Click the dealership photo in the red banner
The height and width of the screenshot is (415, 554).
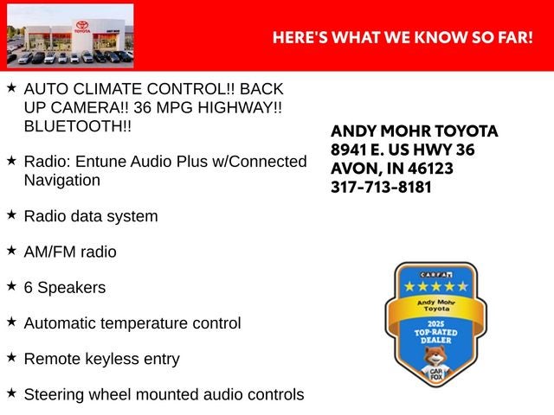[x=70, y=35]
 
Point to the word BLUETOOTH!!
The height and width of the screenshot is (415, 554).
[x=78, y=126]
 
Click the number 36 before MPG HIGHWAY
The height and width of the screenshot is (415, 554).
[x=142, y=107]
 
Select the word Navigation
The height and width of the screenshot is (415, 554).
[x=62, y=181]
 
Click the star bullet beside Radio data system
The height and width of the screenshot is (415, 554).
[x=11, y=214]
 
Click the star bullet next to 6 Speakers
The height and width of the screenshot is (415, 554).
[x=11, y=285]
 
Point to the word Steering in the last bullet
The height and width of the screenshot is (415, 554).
[x=54, y=395]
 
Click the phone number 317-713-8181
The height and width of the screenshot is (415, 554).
[x=381, y=188]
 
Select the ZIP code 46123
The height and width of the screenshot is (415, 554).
[x=431, y=169]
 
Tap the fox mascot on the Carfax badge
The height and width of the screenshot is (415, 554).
[x=436, y=364]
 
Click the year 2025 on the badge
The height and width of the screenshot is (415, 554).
[x=435, y=324]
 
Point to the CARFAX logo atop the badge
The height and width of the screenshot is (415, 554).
[x=436, y=275]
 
